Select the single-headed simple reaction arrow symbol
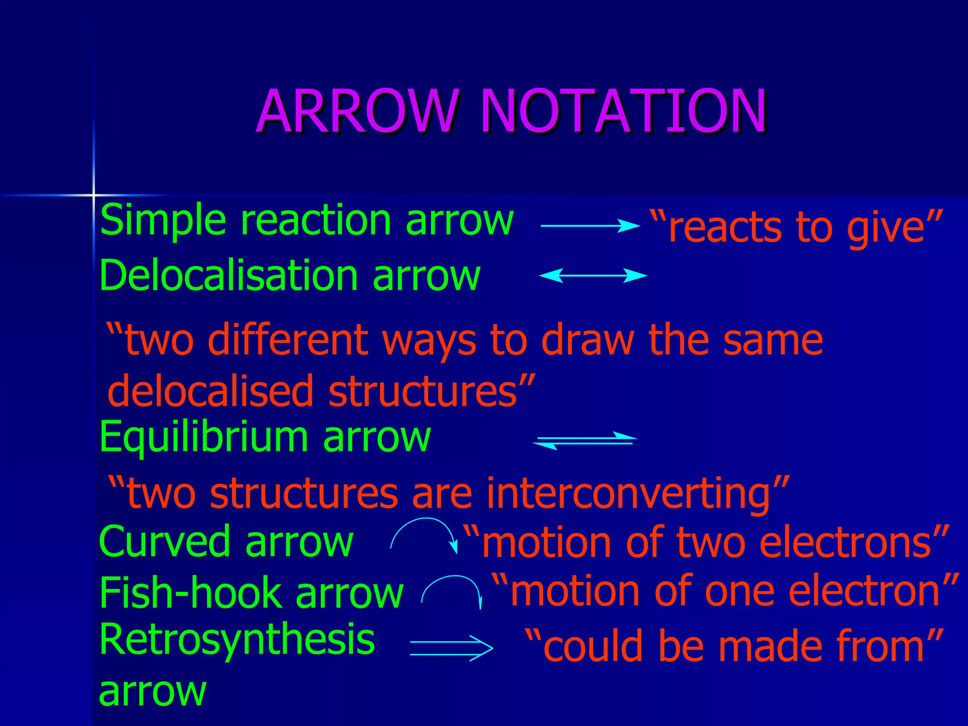click(589, 226)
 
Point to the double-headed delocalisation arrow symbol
click(593, 275)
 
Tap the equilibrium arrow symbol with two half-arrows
click(585, 440)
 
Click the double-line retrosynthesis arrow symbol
click(451, 648)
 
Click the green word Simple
click(163, 220)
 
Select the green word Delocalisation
click(228, 276)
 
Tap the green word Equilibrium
click(204, 437)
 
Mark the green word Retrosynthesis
click(237, 639)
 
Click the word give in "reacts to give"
click(884, 229)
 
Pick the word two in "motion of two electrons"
click(711, 543)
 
